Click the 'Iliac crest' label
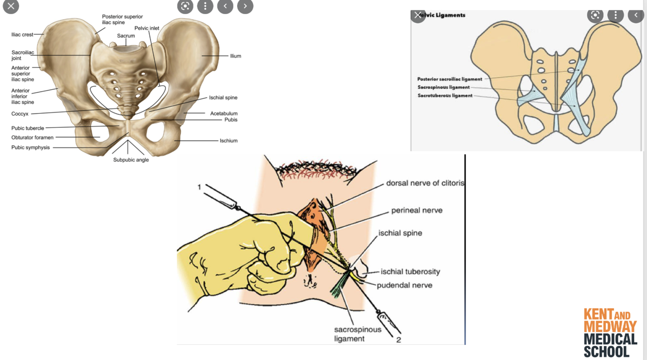tap(22, 35)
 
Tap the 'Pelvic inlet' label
tap(147, 28)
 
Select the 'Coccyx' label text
tap(20, 114)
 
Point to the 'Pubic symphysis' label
tap(31, 147)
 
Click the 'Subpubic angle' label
tap(131, 160)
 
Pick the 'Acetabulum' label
tap(224, 114)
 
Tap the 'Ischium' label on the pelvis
tap(228, 141)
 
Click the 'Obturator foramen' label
tap(32, 138)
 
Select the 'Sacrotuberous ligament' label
tap(445, 96)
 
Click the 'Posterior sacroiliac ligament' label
tap(450, 79)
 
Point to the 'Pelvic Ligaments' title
tap(443, 15)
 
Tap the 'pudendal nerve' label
tap(404, 285)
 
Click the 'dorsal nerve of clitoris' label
tap(425, 183)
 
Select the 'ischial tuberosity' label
tap(410, 272)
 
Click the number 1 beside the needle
tap(199, 187)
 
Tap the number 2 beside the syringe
tap(399, 340)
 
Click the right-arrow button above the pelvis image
tap(245, 6)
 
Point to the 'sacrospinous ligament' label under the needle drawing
tap(357, 334)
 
